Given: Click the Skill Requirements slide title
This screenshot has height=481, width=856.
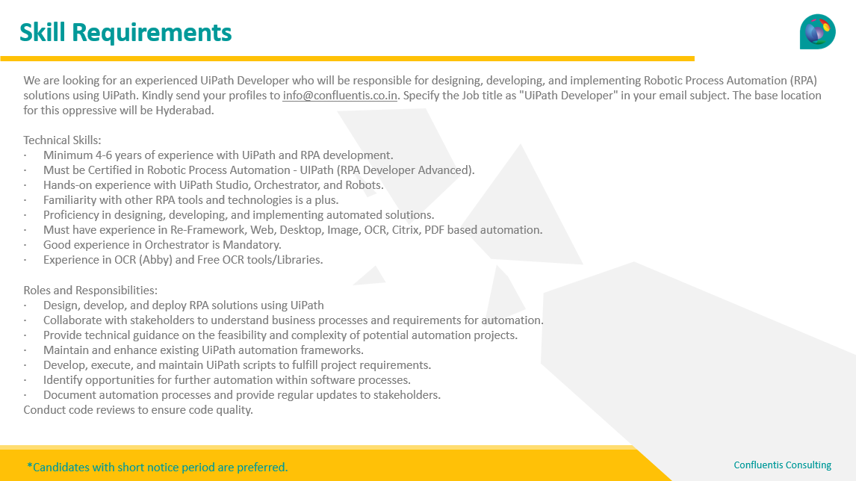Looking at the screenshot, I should click(x=125, y=33).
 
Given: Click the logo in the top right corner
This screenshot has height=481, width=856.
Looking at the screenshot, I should click(x=817, y=31).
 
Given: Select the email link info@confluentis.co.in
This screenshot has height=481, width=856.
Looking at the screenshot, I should click(x=340, y=96).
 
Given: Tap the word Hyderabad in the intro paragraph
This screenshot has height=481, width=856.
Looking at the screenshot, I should click(x=187, y=111).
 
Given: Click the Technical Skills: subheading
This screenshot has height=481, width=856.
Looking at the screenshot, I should click(x=62, y=140).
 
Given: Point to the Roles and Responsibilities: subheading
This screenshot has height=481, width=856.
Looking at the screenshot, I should click(x=90, y=290).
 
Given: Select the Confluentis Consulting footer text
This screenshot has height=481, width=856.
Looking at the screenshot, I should click(x=782, y=465).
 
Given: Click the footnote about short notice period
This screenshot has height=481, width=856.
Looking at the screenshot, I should click(x=157, y=468).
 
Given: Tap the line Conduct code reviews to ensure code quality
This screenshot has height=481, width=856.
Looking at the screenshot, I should click(x=138, y=409).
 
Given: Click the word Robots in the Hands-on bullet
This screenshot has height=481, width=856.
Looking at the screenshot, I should click(x=364, y=185).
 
